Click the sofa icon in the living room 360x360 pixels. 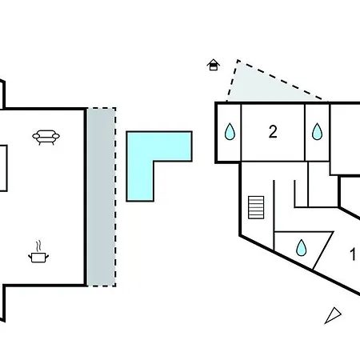(x=46, y=137)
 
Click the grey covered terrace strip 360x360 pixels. (x=102, y=197)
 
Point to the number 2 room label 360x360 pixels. (x=273, y=131)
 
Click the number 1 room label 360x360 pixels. (x=353, y=254)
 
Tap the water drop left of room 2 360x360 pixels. (x=230, y=131)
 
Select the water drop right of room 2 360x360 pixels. (x=317, y=131)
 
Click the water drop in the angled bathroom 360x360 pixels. (x=302, y=248)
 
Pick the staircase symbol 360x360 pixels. (x=256, y=207)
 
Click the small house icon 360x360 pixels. (x=214, y=65)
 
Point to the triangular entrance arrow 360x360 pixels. (x=334, y=315)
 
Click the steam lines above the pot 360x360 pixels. (x=39, y=246)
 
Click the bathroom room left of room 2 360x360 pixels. (x=229, y=132)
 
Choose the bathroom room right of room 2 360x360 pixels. (x=317, y=132)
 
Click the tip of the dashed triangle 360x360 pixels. (x=238, y=61)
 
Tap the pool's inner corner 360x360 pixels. (x=154, y=161)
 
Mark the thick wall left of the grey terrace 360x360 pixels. (x=86, y=197)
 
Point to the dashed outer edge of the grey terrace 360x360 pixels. (x=115, y=197)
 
